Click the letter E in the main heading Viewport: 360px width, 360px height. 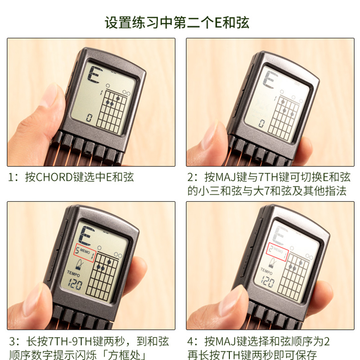[x=218, y=23]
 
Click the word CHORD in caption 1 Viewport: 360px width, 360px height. [x=54, y=177]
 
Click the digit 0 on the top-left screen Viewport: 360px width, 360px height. [x=89, y=118]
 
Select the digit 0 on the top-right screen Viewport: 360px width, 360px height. [x=261, y=123]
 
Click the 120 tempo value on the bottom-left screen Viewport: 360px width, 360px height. [x=75, y=284]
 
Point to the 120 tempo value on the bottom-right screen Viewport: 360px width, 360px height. [x=267, y=282]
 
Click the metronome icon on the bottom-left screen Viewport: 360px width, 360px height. [x=80, y=265]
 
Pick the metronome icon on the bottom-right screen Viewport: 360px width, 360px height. [x=273, y=263]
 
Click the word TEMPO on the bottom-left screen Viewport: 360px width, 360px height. [x=73, y=274]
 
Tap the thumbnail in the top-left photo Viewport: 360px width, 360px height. [x=50, y=95]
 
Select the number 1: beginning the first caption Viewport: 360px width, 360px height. [x=13, y=177]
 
